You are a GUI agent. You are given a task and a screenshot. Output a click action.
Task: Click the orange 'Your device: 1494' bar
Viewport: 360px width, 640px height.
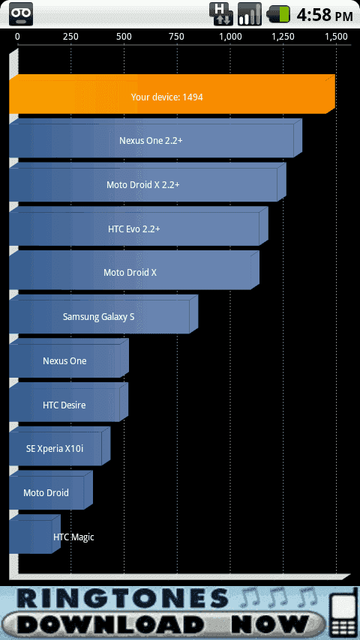tap(172, 94)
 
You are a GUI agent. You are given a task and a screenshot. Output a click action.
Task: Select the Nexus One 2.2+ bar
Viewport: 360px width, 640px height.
tap(156, 139)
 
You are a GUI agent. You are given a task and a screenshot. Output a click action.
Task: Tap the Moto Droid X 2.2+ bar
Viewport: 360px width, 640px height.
tap(148, 182)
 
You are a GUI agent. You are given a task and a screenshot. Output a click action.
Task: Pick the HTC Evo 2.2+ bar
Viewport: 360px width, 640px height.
tap(139, 226)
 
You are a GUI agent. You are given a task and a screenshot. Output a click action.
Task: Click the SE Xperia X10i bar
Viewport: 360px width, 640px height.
tap(60, 446)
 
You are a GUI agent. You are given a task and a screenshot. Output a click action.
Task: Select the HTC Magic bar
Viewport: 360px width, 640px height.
tap(34, 534)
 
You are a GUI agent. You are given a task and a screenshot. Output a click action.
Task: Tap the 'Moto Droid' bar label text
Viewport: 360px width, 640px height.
tap(46, 492)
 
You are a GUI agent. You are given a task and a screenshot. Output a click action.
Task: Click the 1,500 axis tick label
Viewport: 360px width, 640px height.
tap(336, 37)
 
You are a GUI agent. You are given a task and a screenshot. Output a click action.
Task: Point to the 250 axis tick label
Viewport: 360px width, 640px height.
tap(70, 37)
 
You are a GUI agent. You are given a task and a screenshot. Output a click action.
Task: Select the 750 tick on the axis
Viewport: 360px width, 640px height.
tap(176, 37)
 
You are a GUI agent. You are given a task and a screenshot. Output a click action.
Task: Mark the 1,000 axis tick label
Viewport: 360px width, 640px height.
tap(230, 37)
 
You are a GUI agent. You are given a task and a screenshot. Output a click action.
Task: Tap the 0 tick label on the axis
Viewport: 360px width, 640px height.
tap(17, 37)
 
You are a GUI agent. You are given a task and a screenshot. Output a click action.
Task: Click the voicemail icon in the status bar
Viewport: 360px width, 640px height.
tap(21, 14)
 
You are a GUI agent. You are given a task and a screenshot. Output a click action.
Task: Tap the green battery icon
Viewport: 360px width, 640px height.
tap(278, 14)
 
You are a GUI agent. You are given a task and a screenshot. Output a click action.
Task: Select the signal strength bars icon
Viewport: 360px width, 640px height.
tap(249, 14)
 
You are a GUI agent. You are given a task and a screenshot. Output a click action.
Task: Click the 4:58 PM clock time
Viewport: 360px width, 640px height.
tap(325, 15)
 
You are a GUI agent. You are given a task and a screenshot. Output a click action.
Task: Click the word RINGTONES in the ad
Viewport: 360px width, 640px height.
tap(121, 600)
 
